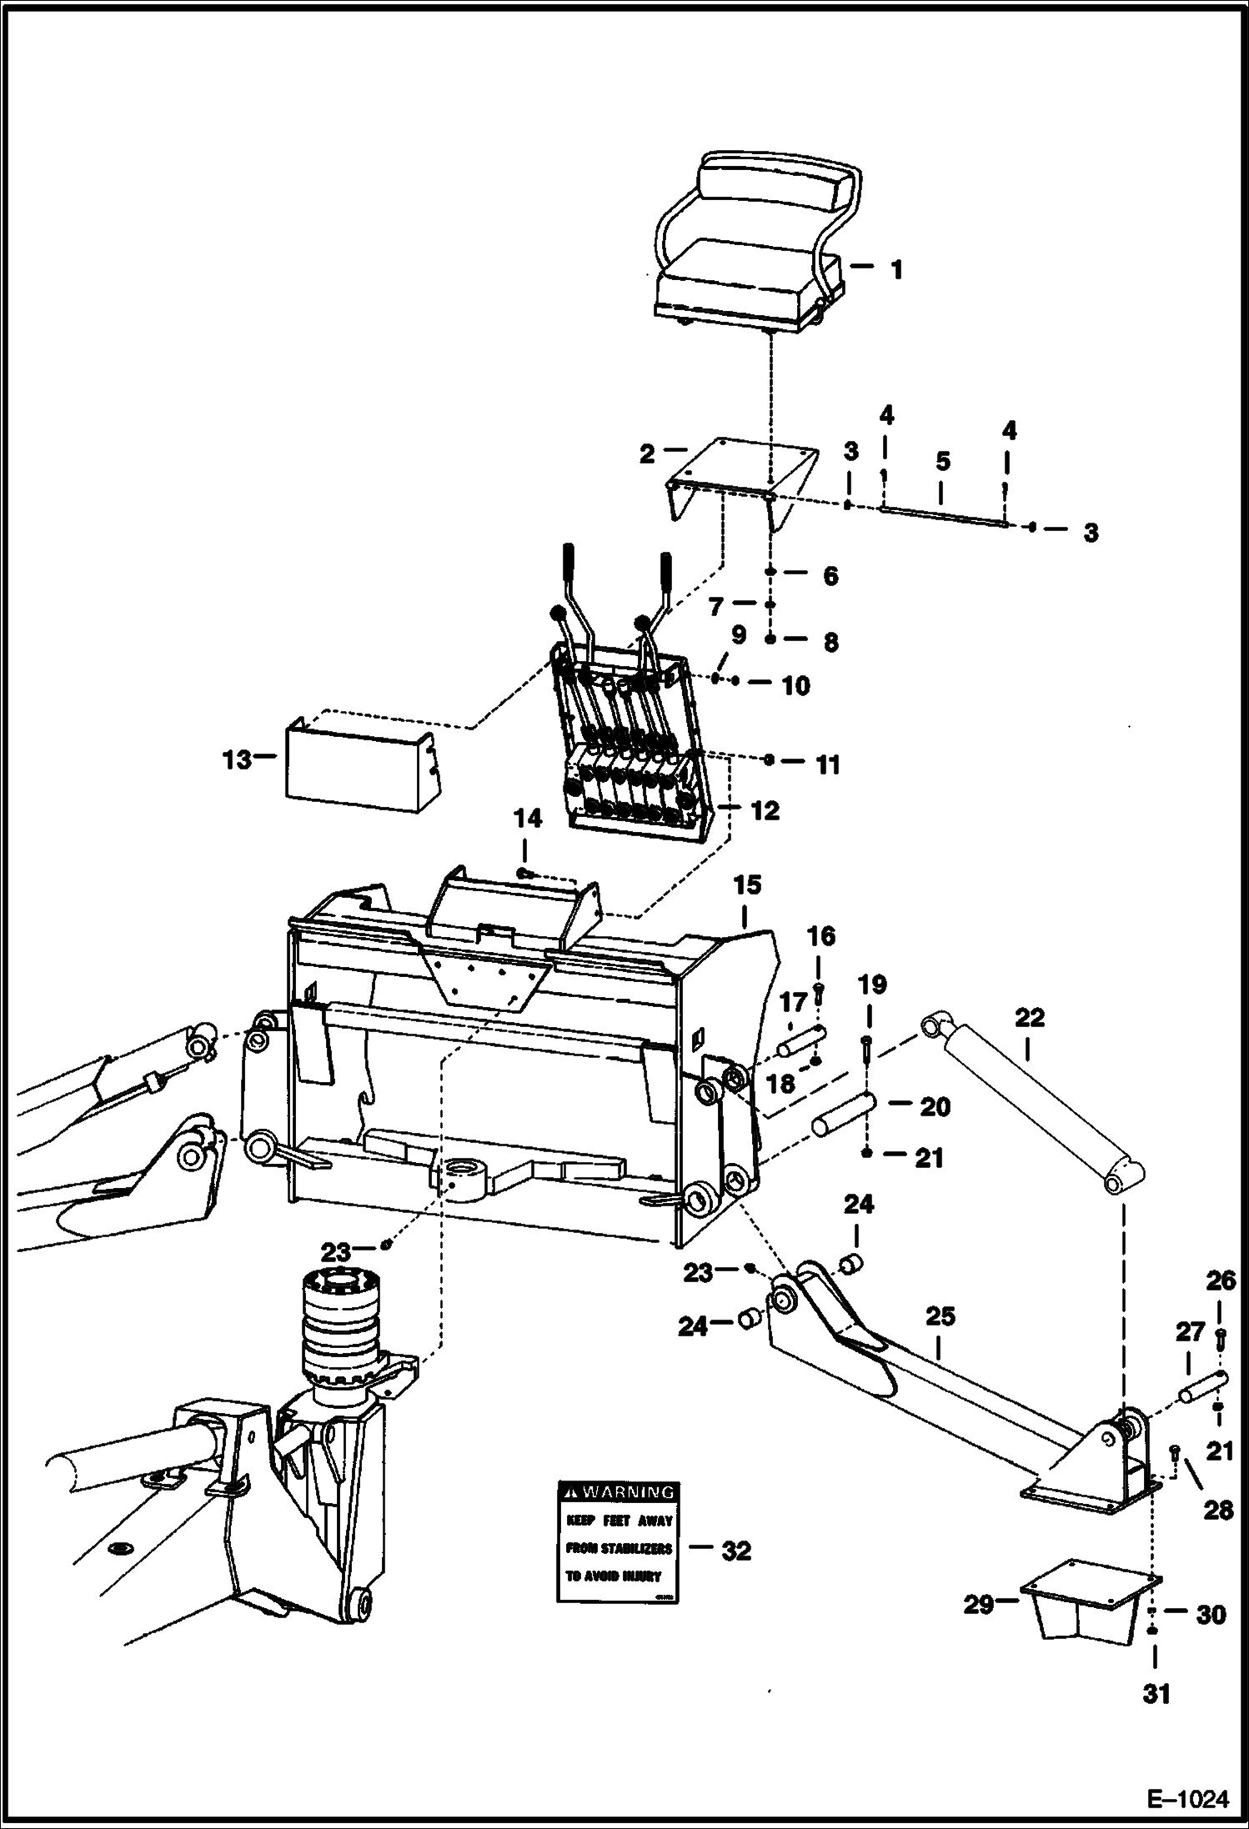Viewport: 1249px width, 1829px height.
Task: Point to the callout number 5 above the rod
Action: point(942,461)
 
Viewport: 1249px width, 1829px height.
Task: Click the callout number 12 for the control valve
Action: point(765,809)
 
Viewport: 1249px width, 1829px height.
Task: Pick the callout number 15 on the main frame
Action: point(747,885)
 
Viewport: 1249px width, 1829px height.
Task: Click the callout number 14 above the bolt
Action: point(527,818)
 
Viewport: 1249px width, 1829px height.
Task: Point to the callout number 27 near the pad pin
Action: point(1190,1331)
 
